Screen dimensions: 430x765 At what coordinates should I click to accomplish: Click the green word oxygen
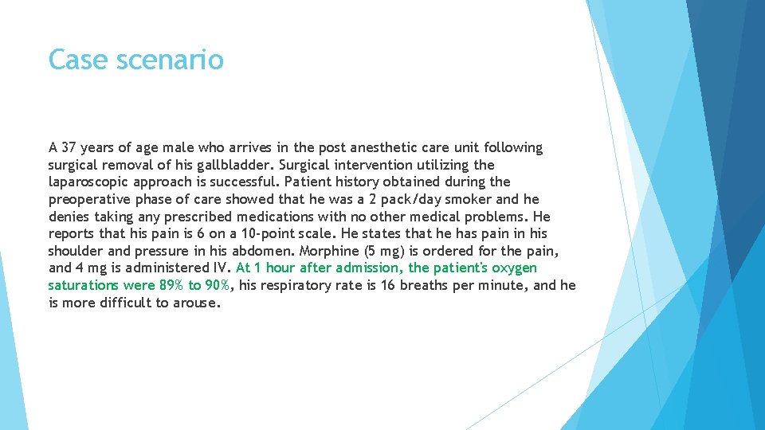[514, 268]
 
